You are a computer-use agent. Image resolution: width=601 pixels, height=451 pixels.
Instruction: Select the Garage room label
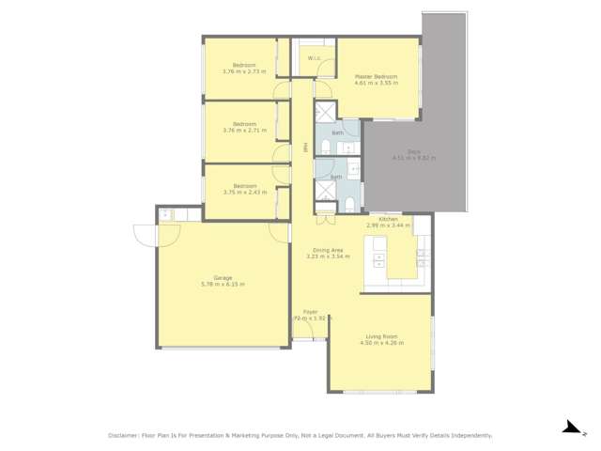point(223,277)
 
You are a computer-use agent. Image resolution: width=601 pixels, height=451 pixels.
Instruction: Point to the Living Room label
point(380,336)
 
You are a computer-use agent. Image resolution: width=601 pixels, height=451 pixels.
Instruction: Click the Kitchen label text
point(388,219)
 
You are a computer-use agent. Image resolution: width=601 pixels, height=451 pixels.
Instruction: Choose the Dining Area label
point(329,249)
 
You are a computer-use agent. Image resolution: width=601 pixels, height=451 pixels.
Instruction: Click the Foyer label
point(310,312)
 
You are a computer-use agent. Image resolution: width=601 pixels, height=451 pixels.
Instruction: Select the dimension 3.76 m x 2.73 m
point(244,71)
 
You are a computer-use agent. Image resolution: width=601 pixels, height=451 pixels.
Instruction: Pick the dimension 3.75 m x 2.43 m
point(244,192)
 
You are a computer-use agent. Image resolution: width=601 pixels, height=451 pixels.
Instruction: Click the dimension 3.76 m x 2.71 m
point(244,131)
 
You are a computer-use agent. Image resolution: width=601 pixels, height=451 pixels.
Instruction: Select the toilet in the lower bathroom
point(348,203)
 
